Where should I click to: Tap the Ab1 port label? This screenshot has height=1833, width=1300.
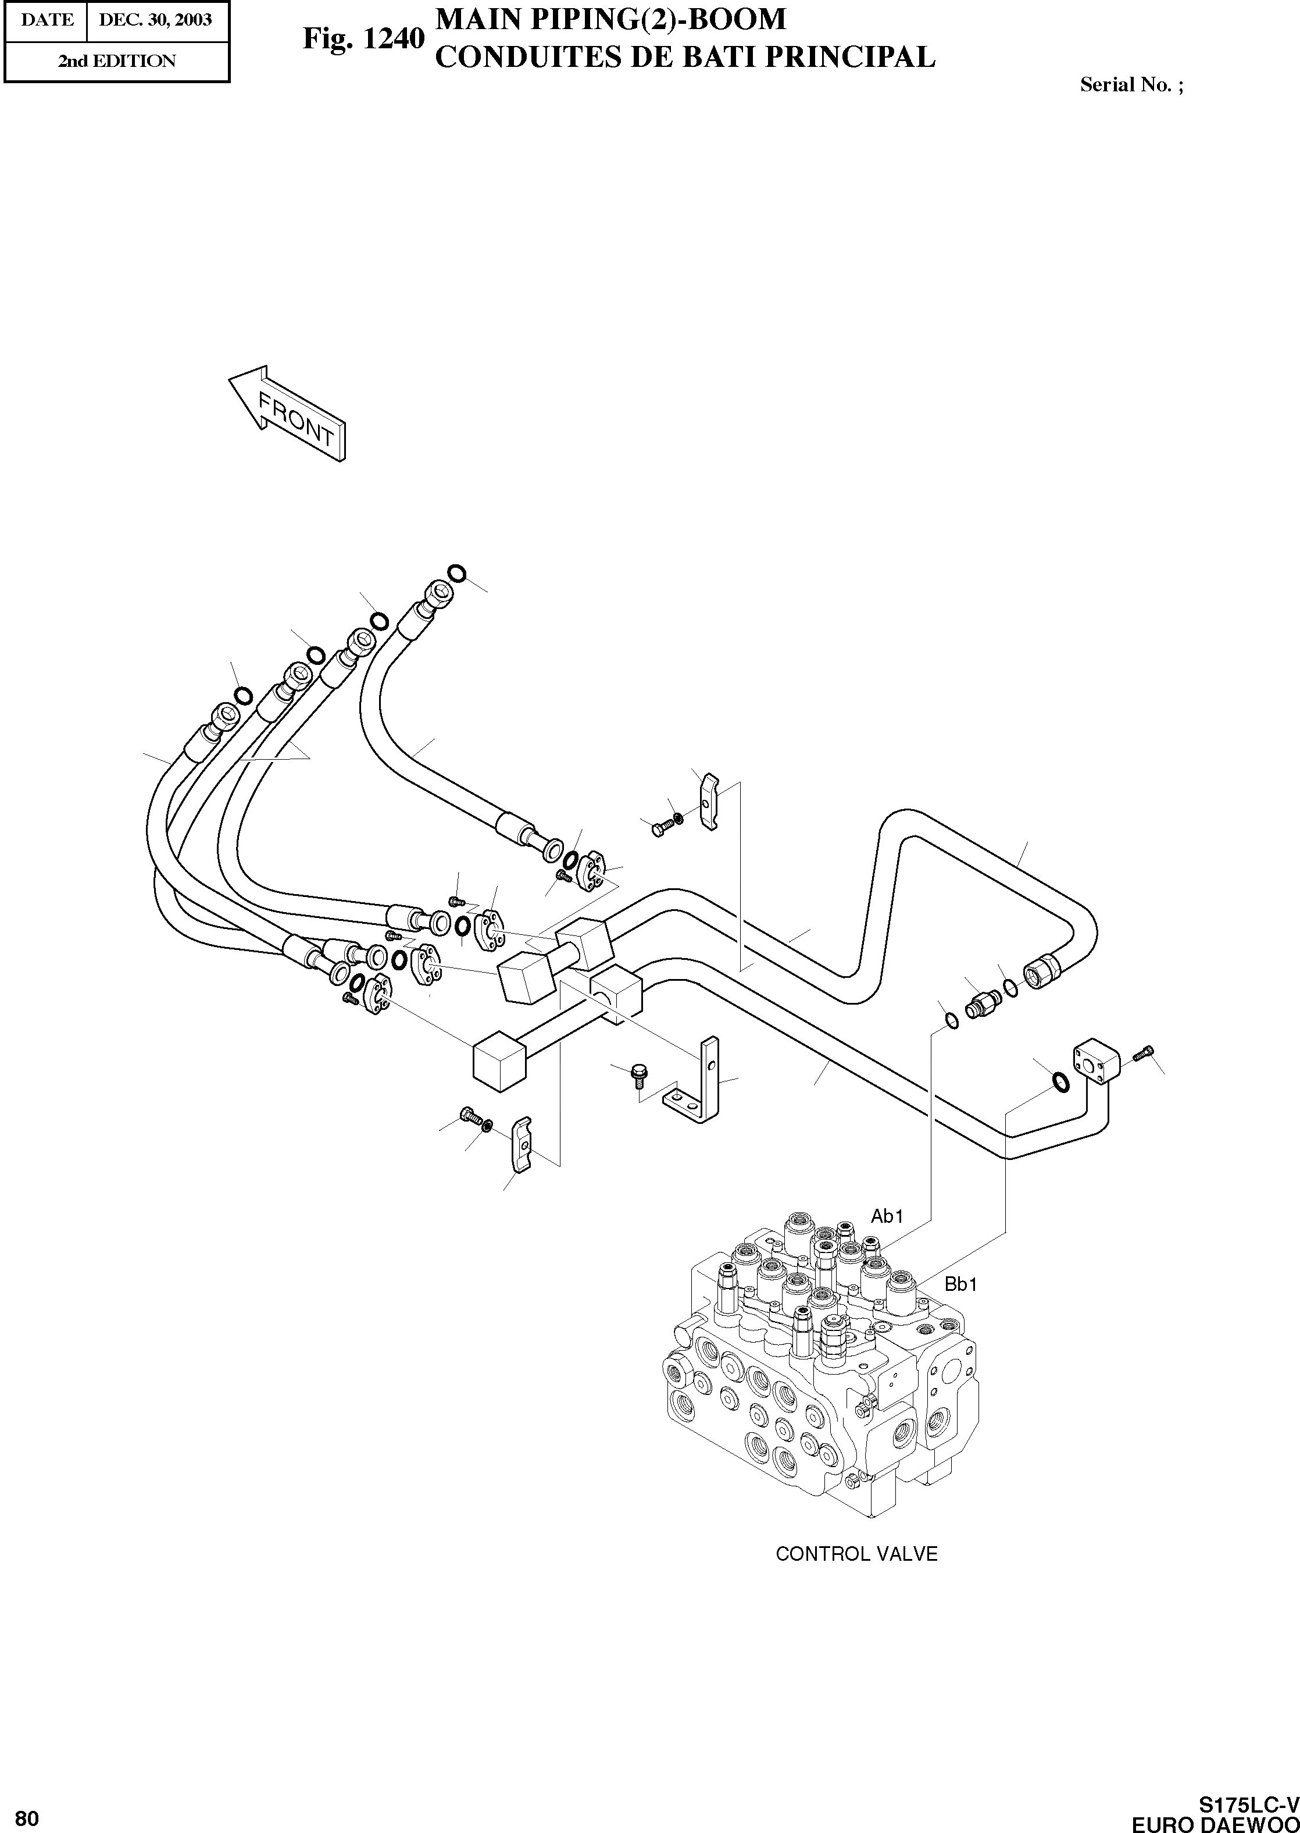tap(887, 1216)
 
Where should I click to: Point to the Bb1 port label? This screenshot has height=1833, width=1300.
tap(960, 1285)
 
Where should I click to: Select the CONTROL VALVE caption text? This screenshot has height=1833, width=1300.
tap(856, 1554)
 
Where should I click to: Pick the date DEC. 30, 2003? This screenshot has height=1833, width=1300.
tap(155, 20)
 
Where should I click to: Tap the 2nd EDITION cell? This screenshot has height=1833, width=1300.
tap(117, 62)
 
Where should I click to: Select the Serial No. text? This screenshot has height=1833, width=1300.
tap(1131, 85)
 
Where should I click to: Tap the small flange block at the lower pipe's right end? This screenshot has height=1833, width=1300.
tap(1094, 1061)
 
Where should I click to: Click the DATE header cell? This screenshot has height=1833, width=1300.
tap(47, 20)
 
